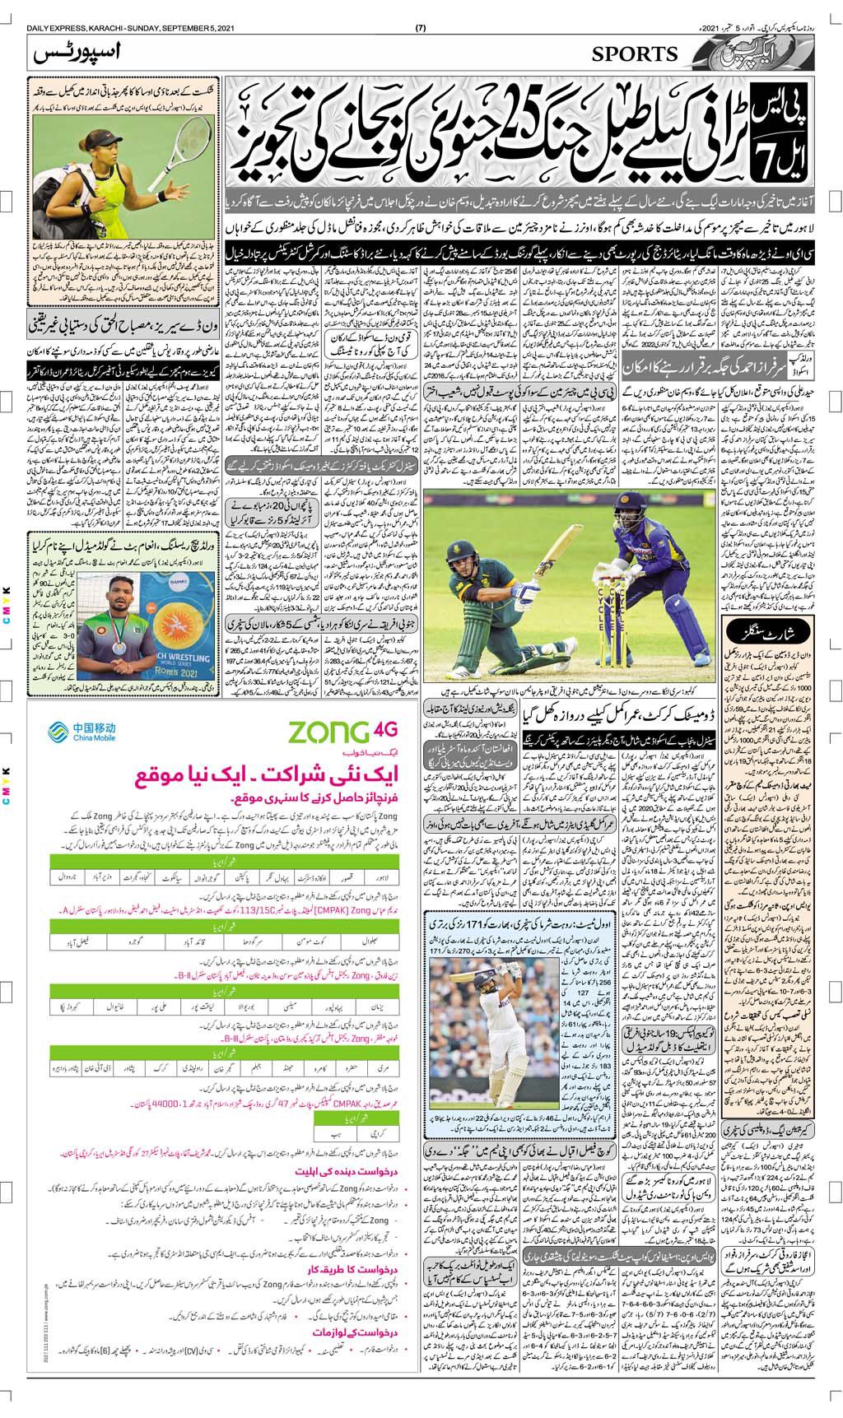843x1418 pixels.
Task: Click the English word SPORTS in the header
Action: point(634,54)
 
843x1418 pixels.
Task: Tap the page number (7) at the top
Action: point(421,30)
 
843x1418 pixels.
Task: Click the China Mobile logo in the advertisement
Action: point(82,731)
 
